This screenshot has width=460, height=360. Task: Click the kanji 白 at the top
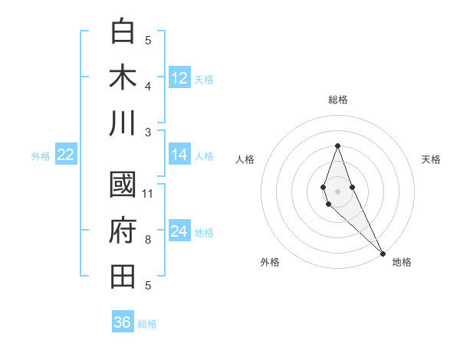pyautogui.click(x=123, y=32)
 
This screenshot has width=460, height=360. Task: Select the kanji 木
pyautogui.click(x=123, y=78)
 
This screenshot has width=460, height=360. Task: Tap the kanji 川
pyautogui.click(x=123, y=123)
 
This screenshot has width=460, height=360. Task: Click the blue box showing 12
pyautogui.click(x=179, y=78)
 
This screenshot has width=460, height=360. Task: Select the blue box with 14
pyautogui.click(x=179, y=155)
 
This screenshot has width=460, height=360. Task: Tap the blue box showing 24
pyautogui.click(x=179, y=231)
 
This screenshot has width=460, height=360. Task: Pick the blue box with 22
pyautogui.click(x=65, y=155)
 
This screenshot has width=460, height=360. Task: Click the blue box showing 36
pyautogui.click(x=123, y=322)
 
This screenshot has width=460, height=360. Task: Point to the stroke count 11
pyautogui.click(x=149, y=193)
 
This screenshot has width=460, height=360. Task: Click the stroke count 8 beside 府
pyautogui.click(x=148, y=240)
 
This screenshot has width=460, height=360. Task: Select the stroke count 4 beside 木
pyautogui.click(x=148, y=86)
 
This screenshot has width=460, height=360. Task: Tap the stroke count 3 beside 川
pyautogui.click(x=148, y=132)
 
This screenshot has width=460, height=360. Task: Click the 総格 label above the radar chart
pyautogui.click(x=338, y=100)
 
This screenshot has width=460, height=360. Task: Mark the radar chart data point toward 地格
pyautogui.click(x=383, y=252)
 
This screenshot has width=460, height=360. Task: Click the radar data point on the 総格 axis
pyautogui.click(x=337, y=146)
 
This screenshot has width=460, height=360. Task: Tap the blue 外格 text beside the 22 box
pyautogui.click(x=41, y=156)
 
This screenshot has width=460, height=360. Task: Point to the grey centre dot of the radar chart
pyautogui.click(x=337, y=190)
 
